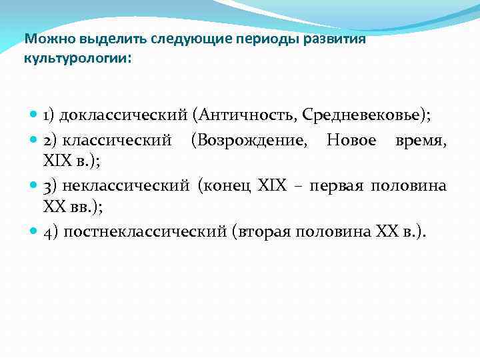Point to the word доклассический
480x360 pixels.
coord(123,116)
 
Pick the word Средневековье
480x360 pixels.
coord(363,115)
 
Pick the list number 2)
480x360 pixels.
coord(51,141)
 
